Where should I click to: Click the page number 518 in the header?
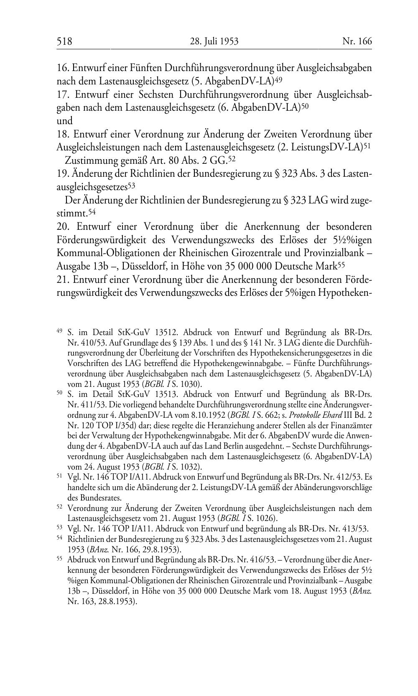[x=64, y=41]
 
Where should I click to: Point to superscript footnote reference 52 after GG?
[x=232, y=159]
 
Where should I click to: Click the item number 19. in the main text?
[x=63, y=173]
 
